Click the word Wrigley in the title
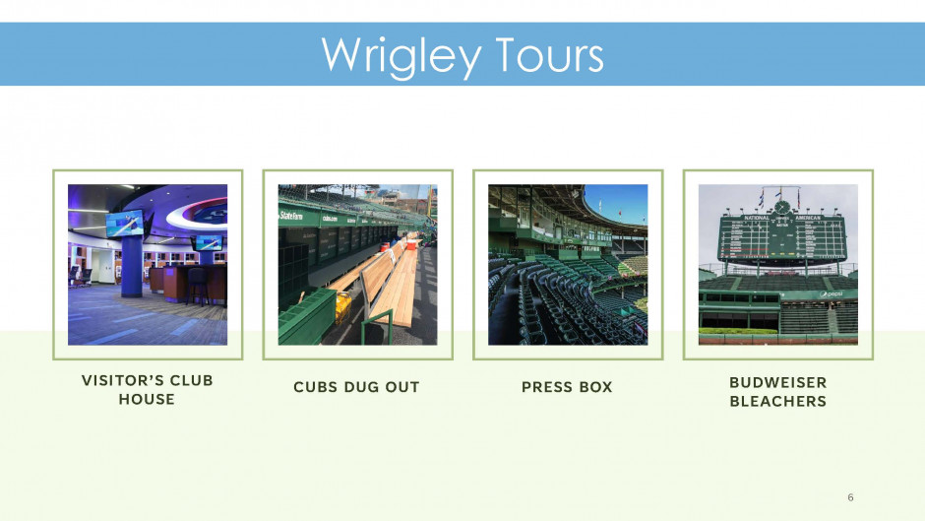tap(401, 56)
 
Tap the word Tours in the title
tap(549, 55)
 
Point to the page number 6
tap(850, 497)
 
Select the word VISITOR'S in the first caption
tap(120, 380)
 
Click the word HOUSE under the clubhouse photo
tap(147, 399)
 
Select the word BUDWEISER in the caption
tap(778, 383)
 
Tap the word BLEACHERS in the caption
tap(778, 401)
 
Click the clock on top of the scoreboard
tap(781, 208)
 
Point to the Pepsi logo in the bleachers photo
tap(831, 293)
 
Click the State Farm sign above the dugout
tap(291, 217)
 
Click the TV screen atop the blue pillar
tap(124, 224)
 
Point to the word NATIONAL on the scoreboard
tap(757, 218)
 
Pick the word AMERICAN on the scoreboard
tap(808, 218)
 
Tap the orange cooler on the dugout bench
tap(411, 244)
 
